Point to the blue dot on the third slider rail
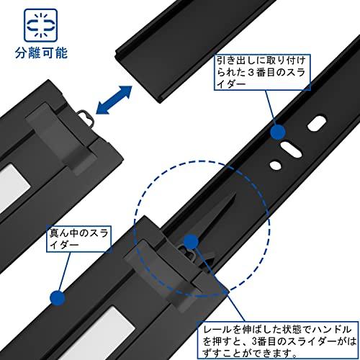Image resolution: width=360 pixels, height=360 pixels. point(276,132)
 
